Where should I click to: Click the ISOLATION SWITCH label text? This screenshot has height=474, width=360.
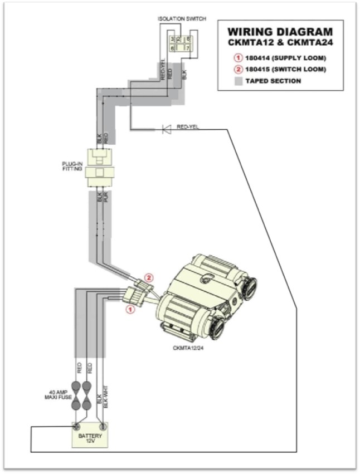point(182,18)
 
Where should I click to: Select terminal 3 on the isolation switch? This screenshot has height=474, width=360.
point(172,39)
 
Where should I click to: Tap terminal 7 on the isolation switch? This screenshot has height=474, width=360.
point(189,48)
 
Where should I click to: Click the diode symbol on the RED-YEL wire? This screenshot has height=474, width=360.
point(166,129)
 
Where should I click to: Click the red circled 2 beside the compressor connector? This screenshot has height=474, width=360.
point(148,277)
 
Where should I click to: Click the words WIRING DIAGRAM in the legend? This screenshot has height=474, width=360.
point(279,32)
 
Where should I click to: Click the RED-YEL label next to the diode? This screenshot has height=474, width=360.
point(188,126)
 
